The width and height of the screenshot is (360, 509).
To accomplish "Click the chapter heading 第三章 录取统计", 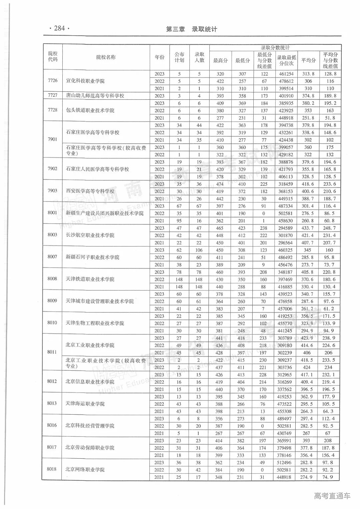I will pos(191,29).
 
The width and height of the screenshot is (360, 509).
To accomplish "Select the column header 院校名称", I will pos(106,57).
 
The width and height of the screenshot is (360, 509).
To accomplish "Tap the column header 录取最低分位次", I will pos(286,60).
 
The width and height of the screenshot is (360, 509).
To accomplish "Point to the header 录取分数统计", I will pos(275,48).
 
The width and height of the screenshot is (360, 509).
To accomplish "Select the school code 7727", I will pos(53,95).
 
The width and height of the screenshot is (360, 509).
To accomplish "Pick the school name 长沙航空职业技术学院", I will pos(90,235).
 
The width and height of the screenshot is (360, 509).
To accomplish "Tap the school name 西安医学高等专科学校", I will pos(90,191).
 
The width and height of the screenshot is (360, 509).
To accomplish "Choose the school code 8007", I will pos(52,257).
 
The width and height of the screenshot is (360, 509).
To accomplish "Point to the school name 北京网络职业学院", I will pos(85,470).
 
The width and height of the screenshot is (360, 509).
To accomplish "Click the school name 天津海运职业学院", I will pos(85,404).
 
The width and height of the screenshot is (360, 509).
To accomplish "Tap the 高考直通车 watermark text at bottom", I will pos(332,496).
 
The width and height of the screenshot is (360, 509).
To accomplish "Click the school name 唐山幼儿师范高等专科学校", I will pos(95,96).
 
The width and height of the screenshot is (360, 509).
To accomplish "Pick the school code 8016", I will pos(52,425).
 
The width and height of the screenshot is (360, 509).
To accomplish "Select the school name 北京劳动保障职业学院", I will pos(90,448).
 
